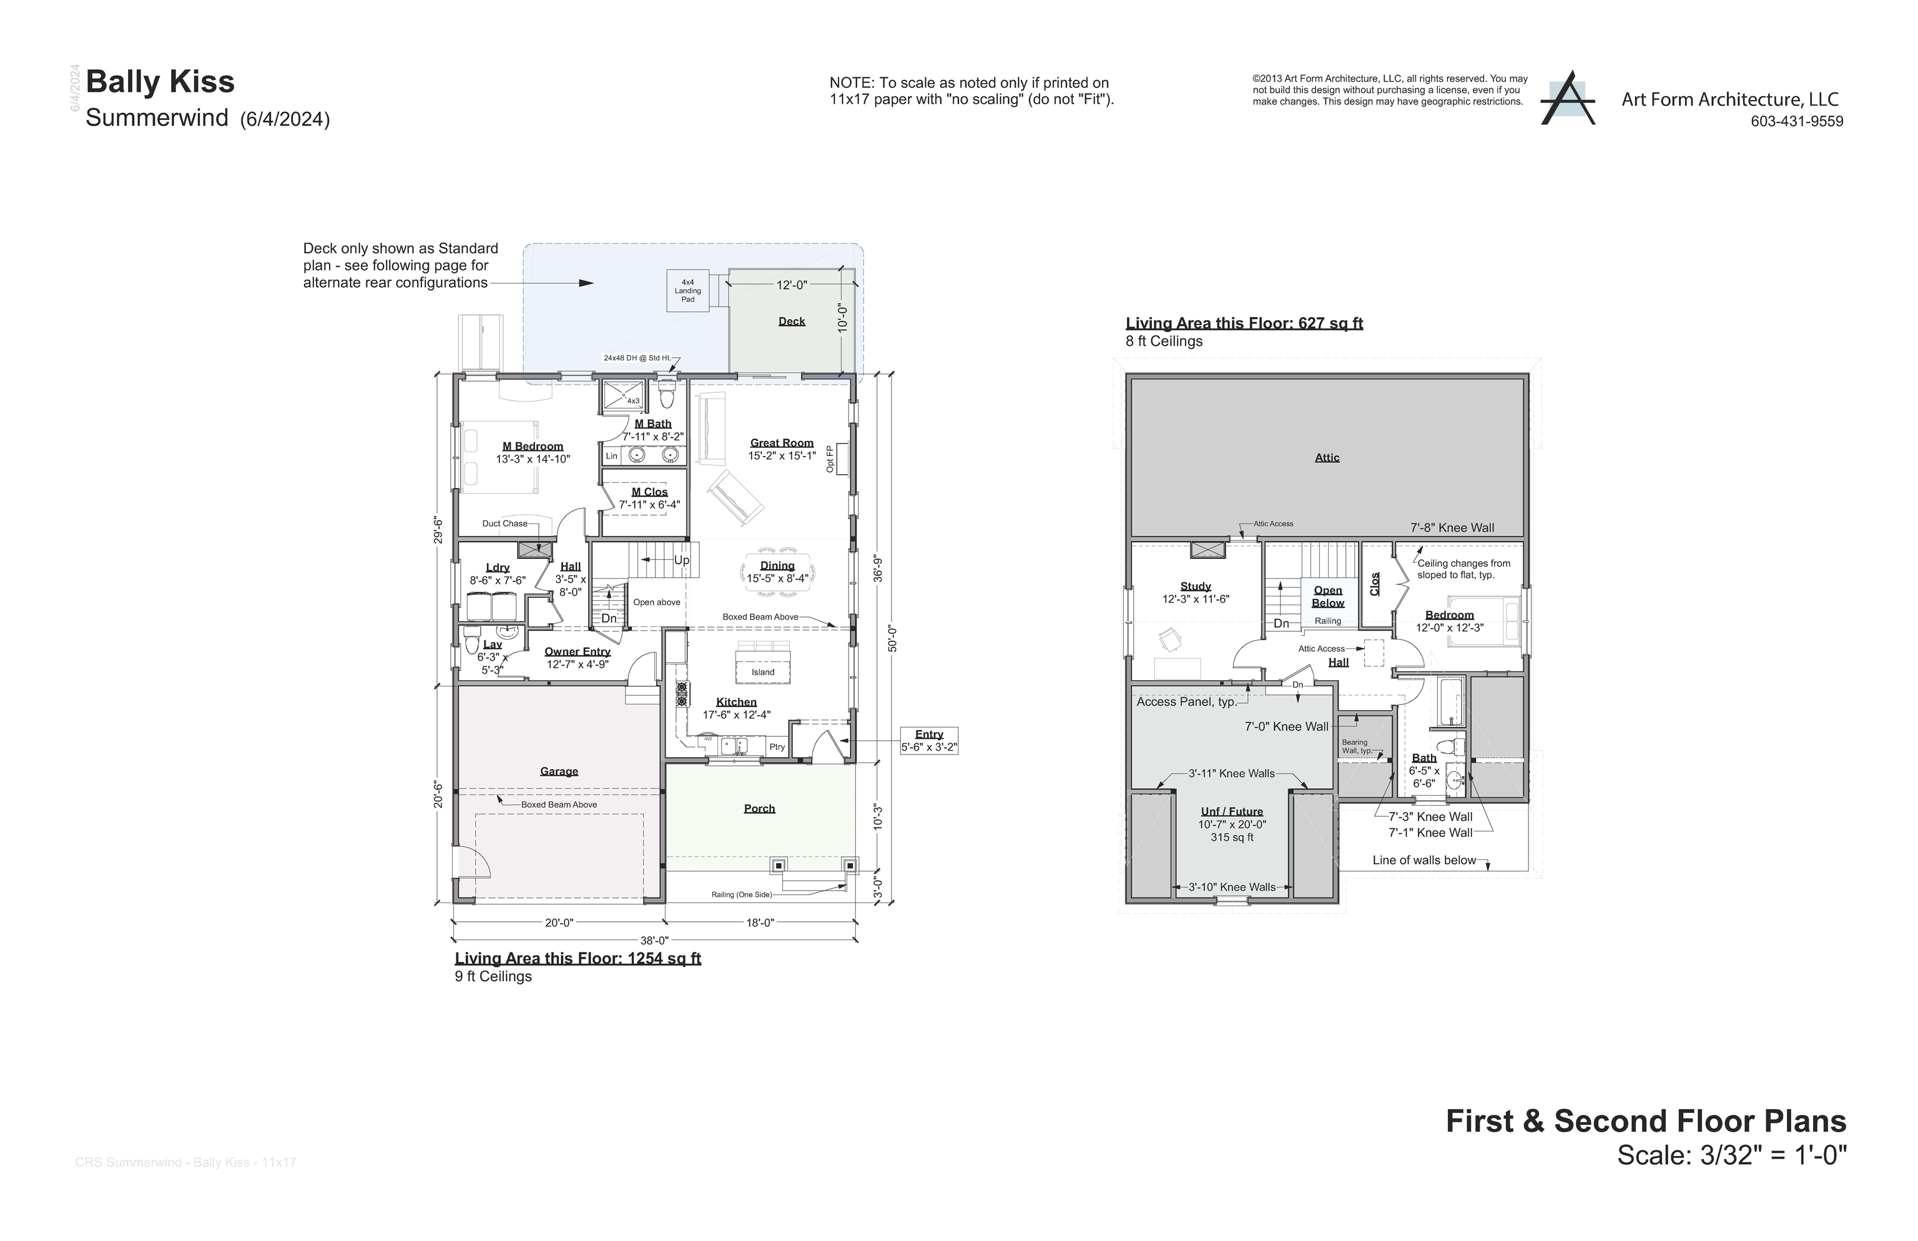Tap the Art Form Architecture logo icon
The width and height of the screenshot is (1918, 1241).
(1566, 99)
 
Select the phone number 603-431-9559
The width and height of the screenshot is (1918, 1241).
(1796, 122)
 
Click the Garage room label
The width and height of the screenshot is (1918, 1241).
(558, 771)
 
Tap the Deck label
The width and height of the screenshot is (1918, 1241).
(791, 321)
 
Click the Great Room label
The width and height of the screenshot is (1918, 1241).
(782, 442)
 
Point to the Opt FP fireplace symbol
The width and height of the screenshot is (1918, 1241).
(843, 458)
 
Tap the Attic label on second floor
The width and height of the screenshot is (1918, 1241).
(1327, 458)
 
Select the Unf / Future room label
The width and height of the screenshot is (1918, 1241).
(1232, 811)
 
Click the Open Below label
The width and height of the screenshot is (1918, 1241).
(1327, 596)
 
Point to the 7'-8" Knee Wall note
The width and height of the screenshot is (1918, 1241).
(1452, 528)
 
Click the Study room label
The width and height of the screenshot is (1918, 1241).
(1196, 586)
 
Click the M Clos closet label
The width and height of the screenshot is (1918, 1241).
(649, 492)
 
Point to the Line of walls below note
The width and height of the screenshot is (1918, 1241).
(1424, 860)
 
